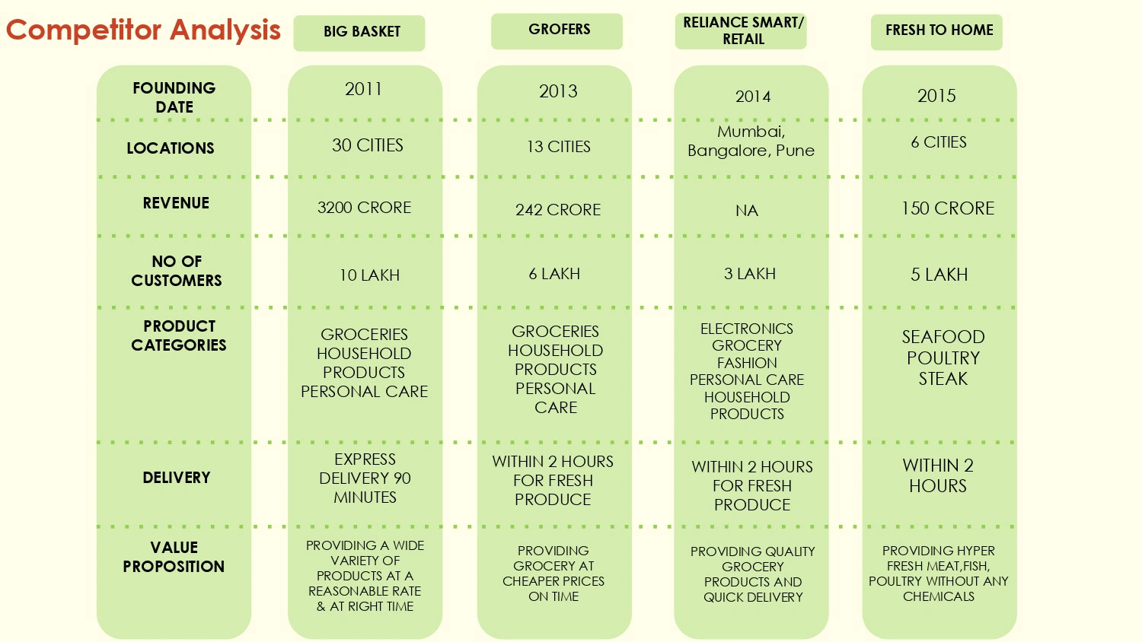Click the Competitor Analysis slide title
pyautogui.click(x=143, y=30)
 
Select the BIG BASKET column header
pyautogui.click(x=362, y=32)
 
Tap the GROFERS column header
pyautogui.click(x=559, y=30)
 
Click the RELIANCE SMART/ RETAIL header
pyautogui.click(x=743, y=31)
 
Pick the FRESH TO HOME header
pyautogui.click(x=939, y=30)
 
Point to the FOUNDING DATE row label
pyautogui.click(x=174, y=97)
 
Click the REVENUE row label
pyautogui.click(x=176, y=203)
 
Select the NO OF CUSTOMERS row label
pyautogui.click(x=177, y=271)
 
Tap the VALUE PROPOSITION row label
pyautogui.click(x=174, y=557)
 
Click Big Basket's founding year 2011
pyautogui.click(x=363, y=90)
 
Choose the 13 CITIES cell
pyautogui.click(x=559, y=147)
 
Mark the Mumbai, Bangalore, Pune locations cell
pyautogui.click(x=751, y=141)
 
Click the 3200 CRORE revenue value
pyautogui.click(x=364, y=208)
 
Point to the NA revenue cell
pyautogui.click(x=747, y=211)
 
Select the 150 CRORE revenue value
pyautogui.click(x=948, y=208)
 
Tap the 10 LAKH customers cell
pyautogui.click(x=369, y=275)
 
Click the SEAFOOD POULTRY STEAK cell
pyautogui.click(x=943, y=358)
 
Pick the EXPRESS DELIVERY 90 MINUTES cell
pyautogui.click(x=365, y=478)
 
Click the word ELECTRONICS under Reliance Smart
pyautogui.click(x=747, y=329)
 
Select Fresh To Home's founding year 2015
pyautogui.click(x=936, y=96)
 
